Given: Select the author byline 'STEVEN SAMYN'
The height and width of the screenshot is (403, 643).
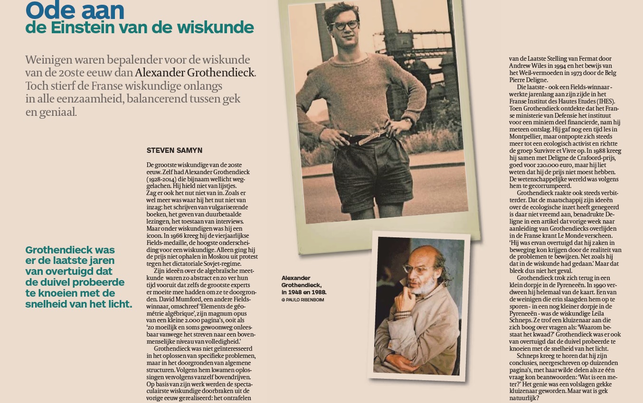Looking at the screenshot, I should pos(174,150).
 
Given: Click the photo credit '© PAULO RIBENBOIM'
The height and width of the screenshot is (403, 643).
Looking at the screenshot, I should pos(303,300).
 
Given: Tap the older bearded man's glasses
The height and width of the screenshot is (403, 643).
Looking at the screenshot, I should pos(416,269).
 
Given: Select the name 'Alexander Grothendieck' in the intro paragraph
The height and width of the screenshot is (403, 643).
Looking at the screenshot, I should pos(195,73).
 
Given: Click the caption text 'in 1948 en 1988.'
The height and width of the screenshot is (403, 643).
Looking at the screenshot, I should pos(304,292).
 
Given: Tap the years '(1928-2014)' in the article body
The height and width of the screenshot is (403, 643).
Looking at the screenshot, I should pos(163,179).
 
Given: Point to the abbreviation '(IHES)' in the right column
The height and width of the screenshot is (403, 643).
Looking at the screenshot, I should pos(605,102).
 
